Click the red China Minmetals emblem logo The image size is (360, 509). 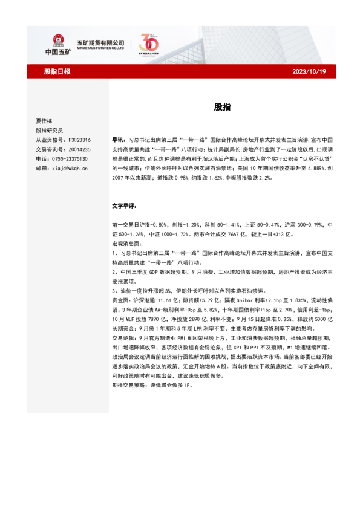coord(58,41)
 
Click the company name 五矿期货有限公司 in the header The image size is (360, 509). coord(100,41)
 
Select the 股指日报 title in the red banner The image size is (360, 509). coord(57,71)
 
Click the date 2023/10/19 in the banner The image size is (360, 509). coord(309,71)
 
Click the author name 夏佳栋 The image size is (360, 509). coord(45,121)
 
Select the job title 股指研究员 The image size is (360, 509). coord(49,130)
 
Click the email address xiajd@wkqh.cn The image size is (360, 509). coord(70,169)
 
